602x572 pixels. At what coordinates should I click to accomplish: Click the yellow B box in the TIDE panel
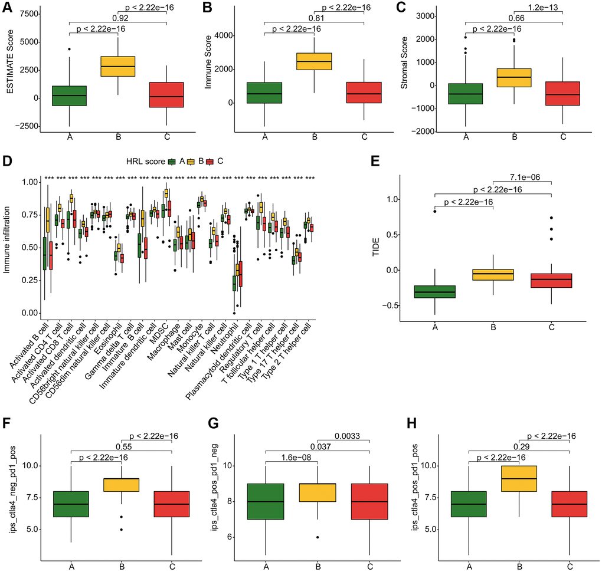click(x=494, y=275)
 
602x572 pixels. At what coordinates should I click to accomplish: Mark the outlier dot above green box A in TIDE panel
click(x=435, y=211)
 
